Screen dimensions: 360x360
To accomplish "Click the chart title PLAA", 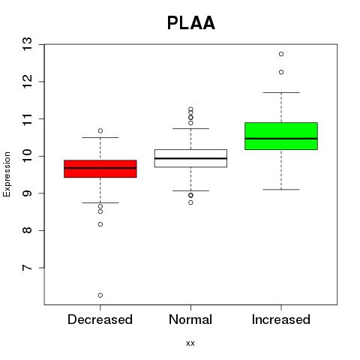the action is [x=191, y=23].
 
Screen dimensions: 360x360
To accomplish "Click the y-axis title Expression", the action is [x=7, y=174].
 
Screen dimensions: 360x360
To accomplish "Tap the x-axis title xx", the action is [x=190, y=343].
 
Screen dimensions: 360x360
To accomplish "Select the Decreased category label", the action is [x=100, y=319].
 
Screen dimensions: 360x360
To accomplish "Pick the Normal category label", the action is [x=190, y=319].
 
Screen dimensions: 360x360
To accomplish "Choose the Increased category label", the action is [x=281, y=319].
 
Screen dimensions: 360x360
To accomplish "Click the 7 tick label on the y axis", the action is [x=27, y=268].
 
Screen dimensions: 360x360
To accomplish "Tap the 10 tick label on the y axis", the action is [x=27, y=156].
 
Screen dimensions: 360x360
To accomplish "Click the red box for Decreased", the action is [x=100, y=169].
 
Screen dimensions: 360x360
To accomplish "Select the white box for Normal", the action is [x=190, y=158].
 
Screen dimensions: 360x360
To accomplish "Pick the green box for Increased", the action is [x=281, y=136].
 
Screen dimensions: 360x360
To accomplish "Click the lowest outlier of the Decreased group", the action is [x=100, y=295].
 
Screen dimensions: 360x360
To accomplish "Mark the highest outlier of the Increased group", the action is [x=281, y=54].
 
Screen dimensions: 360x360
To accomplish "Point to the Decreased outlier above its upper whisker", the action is [x=100, y=130].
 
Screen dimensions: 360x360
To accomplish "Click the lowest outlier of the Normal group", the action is [x=190, y=202].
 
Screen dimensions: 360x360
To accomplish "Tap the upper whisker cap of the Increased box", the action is [x=281, y=92].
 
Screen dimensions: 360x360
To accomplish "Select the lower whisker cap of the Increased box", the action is [x=281, y=190].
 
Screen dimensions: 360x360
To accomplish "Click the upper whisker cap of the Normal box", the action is [x=190, y=128].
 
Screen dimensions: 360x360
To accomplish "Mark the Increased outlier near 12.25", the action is [x=281, y=72].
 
